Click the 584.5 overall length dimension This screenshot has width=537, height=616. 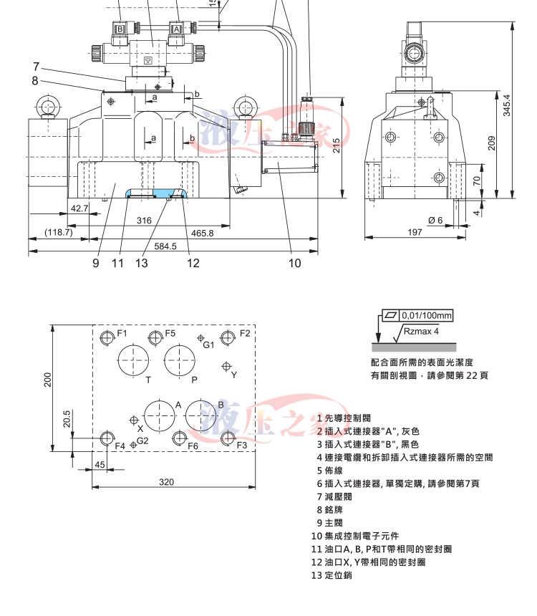[x=165, y=246]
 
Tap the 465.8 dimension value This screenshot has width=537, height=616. [x=203, y=233]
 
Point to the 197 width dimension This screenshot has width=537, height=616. [x=414, y=232]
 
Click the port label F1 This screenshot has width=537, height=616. [x=122, y=333]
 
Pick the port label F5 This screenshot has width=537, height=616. [x=170, y=333]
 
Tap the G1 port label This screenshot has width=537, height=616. [x=208, y=345]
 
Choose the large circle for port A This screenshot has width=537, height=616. [x=159, y=416]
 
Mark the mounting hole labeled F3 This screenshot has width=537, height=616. [x=227, y=437]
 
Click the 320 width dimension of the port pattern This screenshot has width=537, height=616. [x=166, y=482]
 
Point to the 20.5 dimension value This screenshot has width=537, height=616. [x=67, y=419]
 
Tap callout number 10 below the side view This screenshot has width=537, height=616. [x=295, y=263]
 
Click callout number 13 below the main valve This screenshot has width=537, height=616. [x=141, y=263]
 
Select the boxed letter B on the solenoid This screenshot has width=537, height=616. [x=121, y=29]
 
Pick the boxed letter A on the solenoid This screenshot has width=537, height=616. [x=176, y=29]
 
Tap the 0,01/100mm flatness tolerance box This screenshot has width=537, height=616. [x=426, y=315]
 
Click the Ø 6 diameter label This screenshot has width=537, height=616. [x=435, y=220]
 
